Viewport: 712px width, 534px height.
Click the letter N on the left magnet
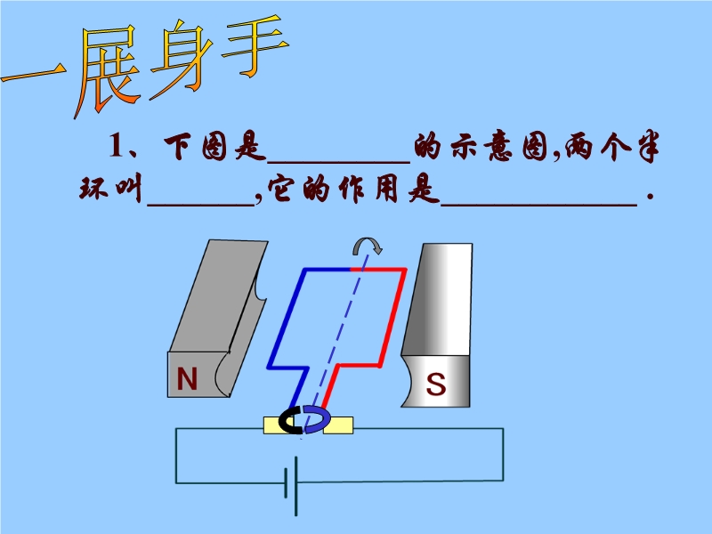tap(187, 380)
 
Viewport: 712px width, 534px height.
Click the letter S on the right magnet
tap(435, 384)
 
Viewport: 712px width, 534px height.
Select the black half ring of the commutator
tap(291, 421)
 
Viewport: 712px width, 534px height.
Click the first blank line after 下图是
tap(338, 158)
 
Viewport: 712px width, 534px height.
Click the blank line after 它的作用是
tap(539, 201)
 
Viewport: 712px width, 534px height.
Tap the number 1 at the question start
tap(114, 146)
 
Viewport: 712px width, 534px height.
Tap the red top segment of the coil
tap(378, 268)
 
